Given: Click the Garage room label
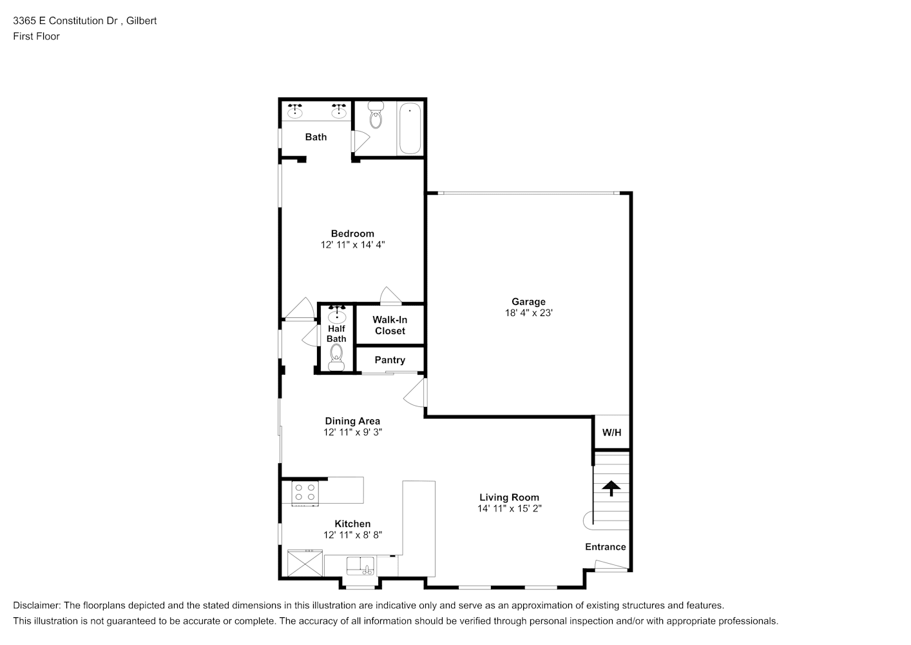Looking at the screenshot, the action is click(x=528, y=302).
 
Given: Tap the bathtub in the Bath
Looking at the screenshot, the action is click(x=410, y=128).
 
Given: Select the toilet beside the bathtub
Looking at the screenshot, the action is click(x=376, y=114).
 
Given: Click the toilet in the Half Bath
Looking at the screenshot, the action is click(x=336, y=357).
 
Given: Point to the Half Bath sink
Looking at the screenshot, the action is click(x=337, y=315).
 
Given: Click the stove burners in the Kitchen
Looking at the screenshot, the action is click(x=305, y=492).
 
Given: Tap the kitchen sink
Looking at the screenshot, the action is click(x=360, y=566).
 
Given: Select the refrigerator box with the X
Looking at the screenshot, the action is click(x=305, y=563).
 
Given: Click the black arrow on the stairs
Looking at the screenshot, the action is click(x=611, y=488).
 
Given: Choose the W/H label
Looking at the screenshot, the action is click(x=611, y=432).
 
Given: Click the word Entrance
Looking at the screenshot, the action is click(x=605, y=547).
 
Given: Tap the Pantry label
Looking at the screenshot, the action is click(x=390, y=360).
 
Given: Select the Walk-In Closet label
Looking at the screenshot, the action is click(x=390, y=325).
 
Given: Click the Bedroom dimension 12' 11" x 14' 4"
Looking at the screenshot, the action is click(x=352, y=244).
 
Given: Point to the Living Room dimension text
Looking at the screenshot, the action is click(x=509, y=509).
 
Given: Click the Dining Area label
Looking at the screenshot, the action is click(x=352, y=421).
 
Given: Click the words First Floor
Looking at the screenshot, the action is click(x=36, y=36).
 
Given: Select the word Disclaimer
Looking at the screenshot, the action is click(x=37, y=606).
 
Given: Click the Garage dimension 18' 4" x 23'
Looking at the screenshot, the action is click(x=529, y=313).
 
